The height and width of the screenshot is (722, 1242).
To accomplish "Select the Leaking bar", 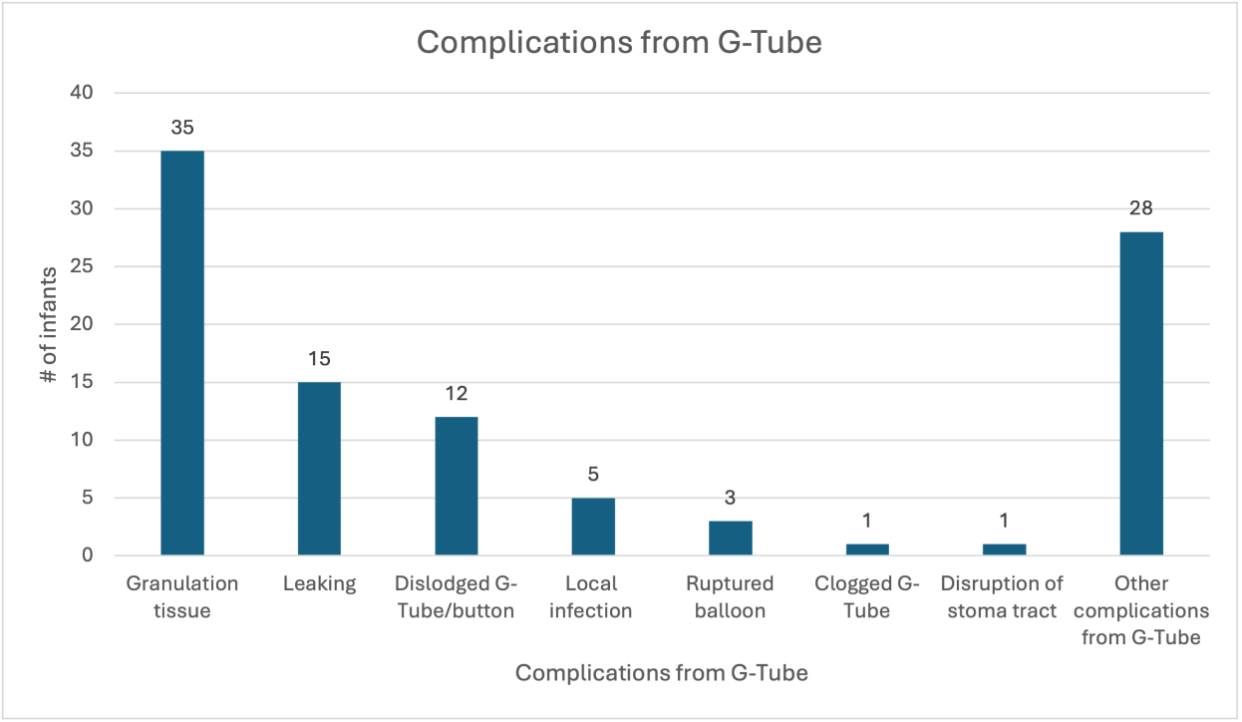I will pos(319,468).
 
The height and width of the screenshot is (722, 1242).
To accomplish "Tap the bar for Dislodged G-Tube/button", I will pos(456,486).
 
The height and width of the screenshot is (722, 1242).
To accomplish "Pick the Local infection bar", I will pos(593,526).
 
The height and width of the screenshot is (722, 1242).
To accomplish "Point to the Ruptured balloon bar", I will pos(731,538).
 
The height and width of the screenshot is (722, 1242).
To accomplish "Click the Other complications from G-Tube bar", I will pos(1141,393).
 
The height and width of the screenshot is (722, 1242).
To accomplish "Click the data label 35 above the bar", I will pos(181,128).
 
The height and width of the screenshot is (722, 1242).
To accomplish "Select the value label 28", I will pos(1141,208).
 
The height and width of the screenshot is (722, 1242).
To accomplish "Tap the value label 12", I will pos(456,393).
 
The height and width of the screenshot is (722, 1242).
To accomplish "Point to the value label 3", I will pos(731,498).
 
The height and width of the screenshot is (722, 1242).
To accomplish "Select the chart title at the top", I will pos(619,42).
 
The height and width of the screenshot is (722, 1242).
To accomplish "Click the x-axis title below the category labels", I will pos(661,673).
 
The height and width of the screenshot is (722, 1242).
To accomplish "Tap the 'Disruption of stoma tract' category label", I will pos(1003,596).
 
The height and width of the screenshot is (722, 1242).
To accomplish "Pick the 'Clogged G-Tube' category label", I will pos(866,596).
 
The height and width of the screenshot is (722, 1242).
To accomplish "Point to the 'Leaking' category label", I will pos(319,584).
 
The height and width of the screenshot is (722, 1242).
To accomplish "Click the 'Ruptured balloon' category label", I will pos(730,596).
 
